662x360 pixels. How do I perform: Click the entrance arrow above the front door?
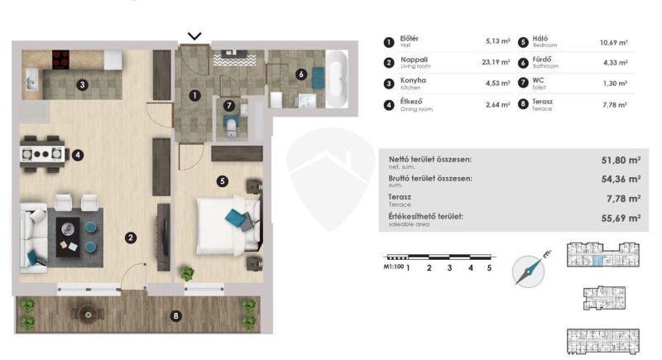tap(194, 36)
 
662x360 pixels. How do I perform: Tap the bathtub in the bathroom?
tap(337, 79)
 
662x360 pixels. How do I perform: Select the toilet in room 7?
tap(231, 127)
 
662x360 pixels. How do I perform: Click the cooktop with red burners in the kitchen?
tap(60, 60)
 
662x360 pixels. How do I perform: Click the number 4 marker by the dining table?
tap(77, 155)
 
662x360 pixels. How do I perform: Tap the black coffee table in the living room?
tap(68, 237)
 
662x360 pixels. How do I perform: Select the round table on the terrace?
tap(88, 314)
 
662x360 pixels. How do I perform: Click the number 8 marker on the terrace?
tap(175, 315)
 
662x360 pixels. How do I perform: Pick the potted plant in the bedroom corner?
tap(187, 274)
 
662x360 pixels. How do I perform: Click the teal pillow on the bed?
tap(235, 218)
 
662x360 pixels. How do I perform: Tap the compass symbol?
tap(529, 271)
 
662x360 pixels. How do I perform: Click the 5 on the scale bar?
tap(489, 268)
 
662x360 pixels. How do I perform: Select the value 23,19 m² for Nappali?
tap(496, 62)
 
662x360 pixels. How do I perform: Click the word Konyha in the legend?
tap(413, 80)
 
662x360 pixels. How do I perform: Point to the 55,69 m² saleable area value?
tap(621, 218)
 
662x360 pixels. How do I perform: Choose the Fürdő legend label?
tap(542, 60)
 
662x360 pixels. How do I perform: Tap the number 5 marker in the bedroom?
tap(222, 181)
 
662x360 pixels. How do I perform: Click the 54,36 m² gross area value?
tap(621, 179)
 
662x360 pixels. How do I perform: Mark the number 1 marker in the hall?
tap(194, 96)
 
